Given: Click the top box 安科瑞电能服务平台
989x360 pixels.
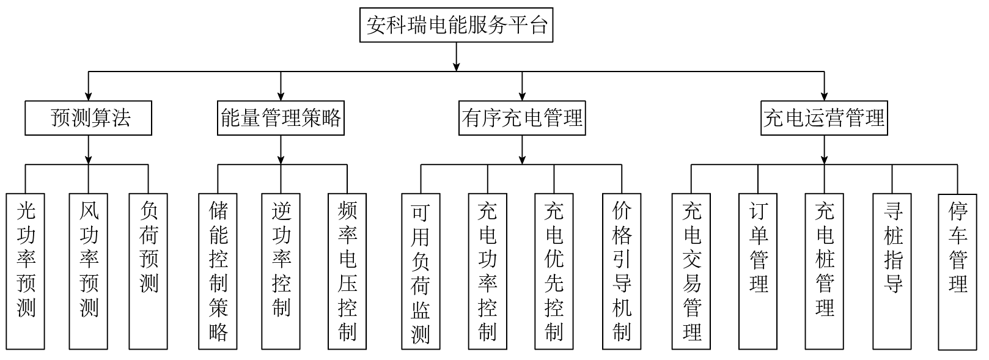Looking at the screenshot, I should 456,25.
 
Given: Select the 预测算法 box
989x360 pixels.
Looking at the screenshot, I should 88,118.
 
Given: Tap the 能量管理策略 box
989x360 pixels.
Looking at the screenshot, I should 281,118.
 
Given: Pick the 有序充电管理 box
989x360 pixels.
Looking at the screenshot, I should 522,118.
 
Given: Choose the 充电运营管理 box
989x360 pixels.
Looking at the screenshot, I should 824,118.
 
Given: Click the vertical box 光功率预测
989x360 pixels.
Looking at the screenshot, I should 26,271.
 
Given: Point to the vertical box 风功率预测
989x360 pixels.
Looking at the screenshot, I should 89,271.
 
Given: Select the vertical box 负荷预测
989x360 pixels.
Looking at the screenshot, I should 149,271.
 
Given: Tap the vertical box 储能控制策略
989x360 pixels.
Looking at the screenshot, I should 218,271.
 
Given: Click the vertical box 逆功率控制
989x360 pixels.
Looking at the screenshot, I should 281,271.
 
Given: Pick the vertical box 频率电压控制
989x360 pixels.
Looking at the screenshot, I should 347,271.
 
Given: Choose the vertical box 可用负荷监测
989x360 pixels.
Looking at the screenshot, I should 421,271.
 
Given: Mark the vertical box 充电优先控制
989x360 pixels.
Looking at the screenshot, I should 554,271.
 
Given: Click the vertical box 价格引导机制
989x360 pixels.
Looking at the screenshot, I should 622,271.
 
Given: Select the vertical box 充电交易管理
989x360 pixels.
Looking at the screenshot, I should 691,271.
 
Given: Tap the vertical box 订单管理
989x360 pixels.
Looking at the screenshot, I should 758,271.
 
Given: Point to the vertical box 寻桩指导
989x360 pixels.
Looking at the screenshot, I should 892,271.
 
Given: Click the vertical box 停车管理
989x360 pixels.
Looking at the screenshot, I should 957,271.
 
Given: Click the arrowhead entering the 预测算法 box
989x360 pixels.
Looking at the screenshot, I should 89,96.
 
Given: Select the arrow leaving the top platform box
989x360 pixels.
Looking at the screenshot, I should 456,58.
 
